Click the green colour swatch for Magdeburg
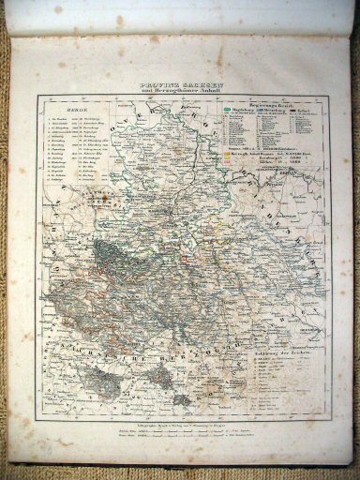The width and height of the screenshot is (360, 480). click(231, 113)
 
